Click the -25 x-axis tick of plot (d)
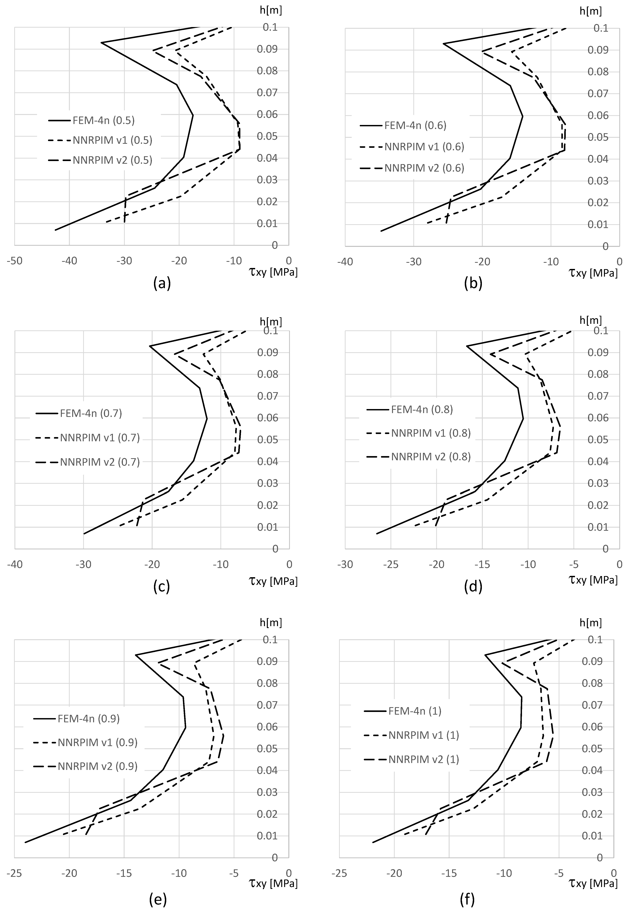pos(391,565)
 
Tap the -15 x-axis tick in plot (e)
pos(124,873)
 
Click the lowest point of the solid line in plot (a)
pos(55,230)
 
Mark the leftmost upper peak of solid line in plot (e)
pos(136,655)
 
